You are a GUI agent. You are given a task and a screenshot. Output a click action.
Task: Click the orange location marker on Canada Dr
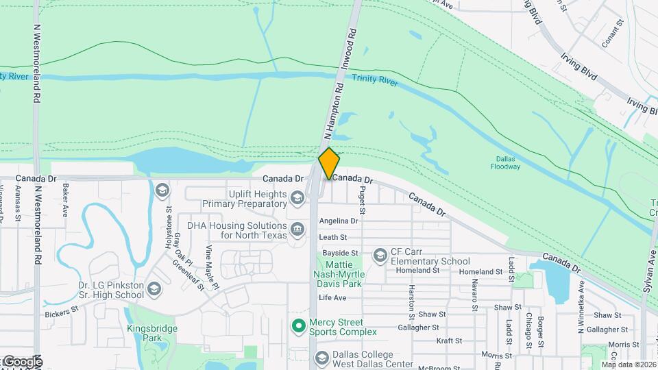click(329, 164)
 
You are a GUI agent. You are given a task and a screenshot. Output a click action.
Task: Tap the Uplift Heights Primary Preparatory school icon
click(297, 199)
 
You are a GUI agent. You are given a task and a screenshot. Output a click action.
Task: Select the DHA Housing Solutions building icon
click(297, 228)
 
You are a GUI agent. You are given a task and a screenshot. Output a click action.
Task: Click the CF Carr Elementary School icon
click(380, 256)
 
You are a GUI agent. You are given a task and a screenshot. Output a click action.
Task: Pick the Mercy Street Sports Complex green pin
click(298, 326)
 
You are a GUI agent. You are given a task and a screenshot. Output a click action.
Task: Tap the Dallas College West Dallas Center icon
click(321, 358)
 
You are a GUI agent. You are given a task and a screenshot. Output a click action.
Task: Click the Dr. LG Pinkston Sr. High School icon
click(154, 289)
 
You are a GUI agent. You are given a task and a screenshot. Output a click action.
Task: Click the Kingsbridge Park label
click(152, 333)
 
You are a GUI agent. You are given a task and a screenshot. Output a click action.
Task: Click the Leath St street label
click(333, 237)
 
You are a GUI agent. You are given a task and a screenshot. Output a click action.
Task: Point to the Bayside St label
click(336, 254)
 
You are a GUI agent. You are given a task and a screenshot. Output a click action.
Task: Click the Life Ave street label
click(332, 297)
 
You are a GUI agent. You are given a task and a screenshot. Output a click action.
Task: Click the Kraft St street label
click(450, 341)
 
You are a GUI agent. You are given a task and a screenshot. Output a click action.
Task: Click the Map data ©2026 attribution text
click(629, 364)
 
